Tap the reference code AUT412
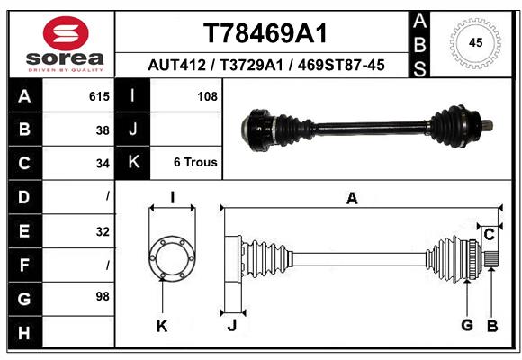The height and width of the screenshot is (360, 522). tap(175, 65)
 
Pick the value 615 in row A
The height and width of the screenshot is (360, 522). tap(100, 95)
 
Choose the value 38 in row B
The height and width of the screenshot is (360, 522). tap(103, 129)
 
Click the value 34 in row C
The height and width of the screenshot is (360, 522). tap(103, 163)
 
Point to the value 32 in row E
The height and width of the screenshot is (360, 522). tap(103, 231)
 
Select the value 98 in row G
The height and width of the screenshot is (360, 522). tap(101, 296)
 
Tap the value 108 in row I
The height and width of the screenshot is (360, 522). tap(207, 95)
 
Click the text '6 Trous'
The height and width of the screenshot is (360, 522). tap(195, 163)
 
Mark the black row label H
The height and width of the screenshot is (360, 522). tap(23, 334)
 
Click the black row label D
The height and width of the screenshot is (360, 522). tap(23, 196)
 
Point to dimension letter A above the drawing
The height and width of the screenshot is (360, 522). tap(352, 199)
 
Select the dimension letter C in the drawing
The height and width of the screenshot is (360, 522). tap(489, 235)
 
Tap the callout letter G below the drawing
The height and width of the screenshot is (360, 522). tap(467, 325)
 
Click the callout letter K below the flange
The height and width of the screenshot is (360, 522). tap(163, 326)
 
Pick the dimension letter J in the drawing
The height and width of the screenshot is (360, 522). tap(231, 326)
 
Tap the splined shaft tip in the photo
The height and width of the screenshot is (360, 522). tap(487, 127)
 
